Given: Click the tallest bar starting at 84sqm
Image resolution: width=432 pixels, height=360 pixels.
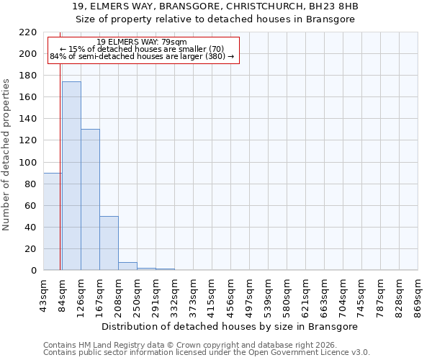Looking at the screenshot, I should tap(71, 176).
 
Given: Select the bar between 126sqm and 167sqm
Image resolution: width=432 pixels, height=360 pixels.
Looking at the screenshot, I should tap(90, 200).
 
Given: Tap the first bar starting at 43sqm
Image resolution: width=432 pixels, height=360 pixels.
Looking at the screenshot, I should tap(53, 222).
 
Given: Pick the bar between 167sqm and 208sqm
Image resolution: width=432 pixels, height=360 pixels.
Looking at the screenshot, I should tap(109, 243).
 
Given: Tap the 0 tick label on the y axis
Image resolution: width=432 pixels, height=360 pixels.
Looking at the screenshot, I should tap(34, 271).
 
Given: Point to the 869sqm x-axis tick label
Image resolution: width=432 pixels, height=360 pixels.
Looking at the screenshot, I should tap(418, 294).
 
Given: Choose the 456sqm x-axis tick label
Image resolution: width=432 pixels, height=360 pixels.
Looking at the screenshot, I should tap(230, 294).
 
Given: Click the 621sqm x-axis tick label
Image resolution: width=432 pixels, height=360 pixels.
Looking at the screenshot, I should tap(305, 294).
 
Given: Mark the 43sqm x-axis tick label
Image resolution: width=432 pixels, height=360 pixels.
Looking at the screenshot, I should tap(43, 294).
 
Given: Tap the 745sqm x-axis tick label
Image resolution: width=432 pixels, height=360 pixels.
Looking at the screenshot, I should tap(361, 294).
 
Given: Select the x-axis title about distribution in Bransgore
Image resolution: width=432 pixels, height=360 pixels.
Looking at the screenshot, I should tap(230, 326).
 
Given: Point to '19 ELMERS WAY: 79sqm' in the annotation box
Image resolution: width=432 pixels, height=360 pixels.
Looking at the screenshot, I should tap(142, 42).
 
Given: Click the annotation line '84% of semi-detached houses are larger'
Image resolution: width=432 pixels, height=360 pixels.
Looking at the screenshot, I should tap(142, 56).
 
